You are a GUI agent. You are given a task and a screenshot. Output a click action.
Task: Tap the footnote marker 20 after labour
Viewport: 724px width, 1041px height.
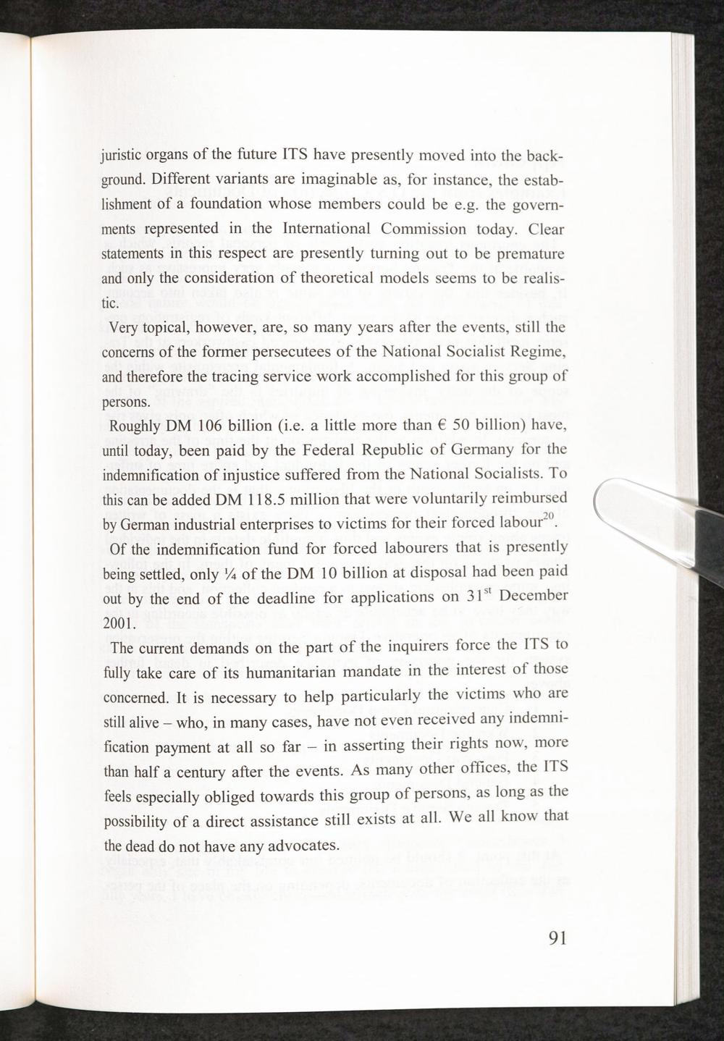pyautogui.click(x=548, y=514)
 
